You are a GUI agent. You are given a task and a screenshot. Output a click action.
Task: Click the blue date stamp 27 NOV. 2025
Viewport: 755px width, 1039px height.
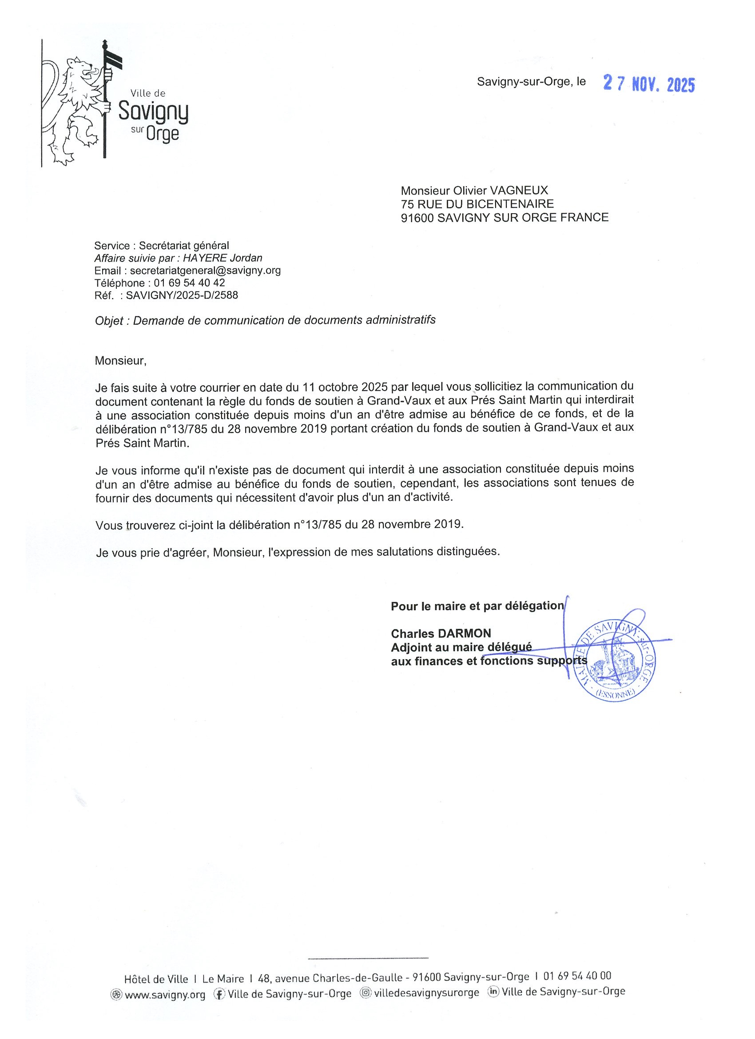click(648, 84)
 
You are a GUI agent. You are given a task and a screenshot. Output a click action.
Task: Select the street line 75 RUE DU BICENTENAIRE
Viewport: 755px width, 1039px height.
click(477, 203)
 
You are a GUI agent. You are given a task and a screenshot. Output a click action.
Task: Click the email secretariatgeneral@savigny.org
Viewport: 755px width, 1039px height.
click(205, 270)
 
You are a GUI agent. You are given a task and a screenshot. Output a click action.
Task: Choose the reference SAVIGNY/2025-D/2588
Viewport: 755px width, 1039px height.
click(182, 295)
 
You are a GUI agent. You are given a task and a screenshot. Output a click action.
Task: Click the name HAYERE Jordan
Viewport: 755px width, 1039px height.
click(223, 258)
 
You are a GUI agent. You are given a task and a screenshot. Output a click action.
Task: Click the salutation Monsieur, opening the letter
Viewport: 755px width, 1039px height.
click(120, 361)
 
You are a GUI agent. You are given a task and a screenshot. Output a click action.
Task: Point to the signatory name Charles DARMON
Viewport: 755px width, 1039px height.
click(441, 633)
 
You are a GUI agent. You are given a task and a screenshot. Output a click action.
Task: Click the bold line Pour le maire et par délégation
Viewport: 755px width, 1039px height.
click(477, 606)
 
